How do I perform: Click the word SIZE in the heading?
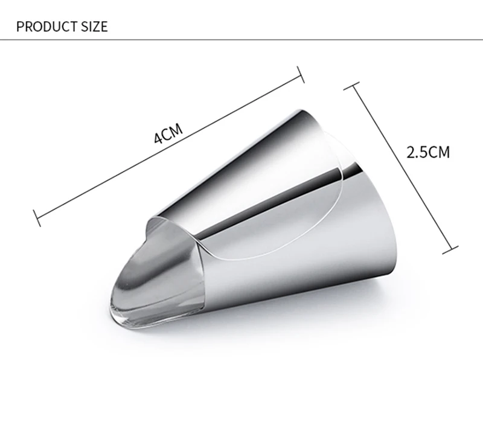(95, 27)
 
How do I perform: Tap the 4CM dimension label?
(168, 133)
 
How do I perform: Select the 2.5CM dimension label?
(428, 152)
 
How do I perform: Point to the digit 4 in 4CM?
(158, 139)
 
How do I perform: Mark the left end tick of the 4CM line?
(37, 219)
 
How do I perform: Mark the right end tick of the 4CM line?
(300, 74)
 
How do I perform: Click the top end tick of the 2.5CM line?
(351, 86)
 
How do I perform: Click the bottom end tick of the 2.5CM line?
(450, 250)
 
